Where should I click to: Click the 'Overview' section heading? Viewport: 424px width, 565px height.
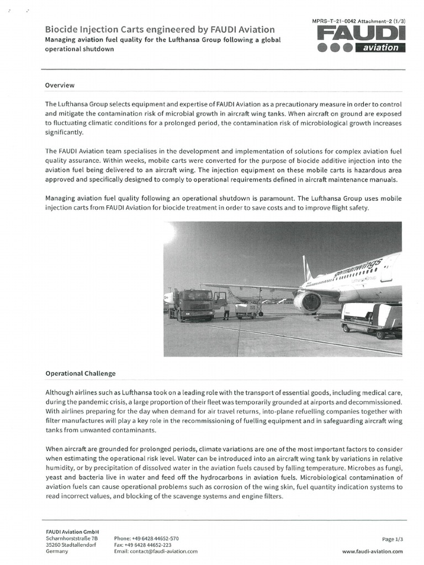[x=60, y=86]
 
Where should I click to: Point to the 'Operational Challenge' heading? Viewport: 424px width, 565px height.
[x=81, y=374]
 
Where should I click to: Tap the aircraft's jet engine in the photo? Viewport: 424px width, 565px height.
[x=307, y=301]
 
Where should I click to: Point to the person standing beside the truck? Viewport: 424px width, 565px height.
[x=226, y=312]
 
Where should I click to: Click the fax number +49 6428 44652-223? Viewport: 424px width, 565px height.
[x=144, y=545]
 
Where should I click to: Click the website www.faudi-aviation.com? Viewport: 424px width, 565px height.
[x=372, y=551]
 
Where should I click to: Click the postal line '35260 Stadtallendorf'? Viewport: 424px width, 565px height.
[x=71, y=545]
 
